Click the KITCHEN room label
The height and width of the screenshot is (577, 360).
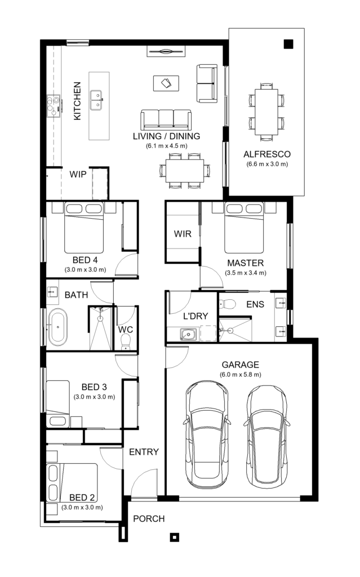[x=77, y=101]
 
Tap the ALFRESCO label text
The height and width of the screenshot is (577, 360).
[x=266, y=154]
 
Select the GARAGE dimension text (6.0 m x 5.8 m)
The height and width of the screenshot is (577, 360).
[x=241, y=375]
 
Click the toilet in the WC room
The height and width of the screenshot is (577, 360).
[x=126, y=340]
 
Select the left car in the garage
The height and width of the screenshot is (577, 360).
[x=207, y=434]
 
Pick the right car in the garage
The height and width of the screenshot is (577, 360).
[x=268, y=434]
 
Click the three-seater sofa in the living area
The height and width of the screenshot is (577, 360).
[x=165, y=119]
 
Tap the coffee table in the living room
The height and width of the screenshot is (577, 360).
[x=166, y=83]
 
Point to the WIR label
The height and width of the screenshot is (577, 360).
[x=182, y=233]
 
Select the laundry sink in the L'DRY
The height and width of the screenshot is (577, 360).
[x=188, y=335]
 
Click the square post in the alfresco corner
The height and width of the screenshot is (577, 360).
[x=288, y=45]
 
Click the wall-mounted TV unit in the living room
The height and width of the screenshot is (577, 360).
[x=166, y=52]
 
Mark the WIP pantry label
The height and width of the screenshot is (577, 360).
[x=78, y=174]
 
